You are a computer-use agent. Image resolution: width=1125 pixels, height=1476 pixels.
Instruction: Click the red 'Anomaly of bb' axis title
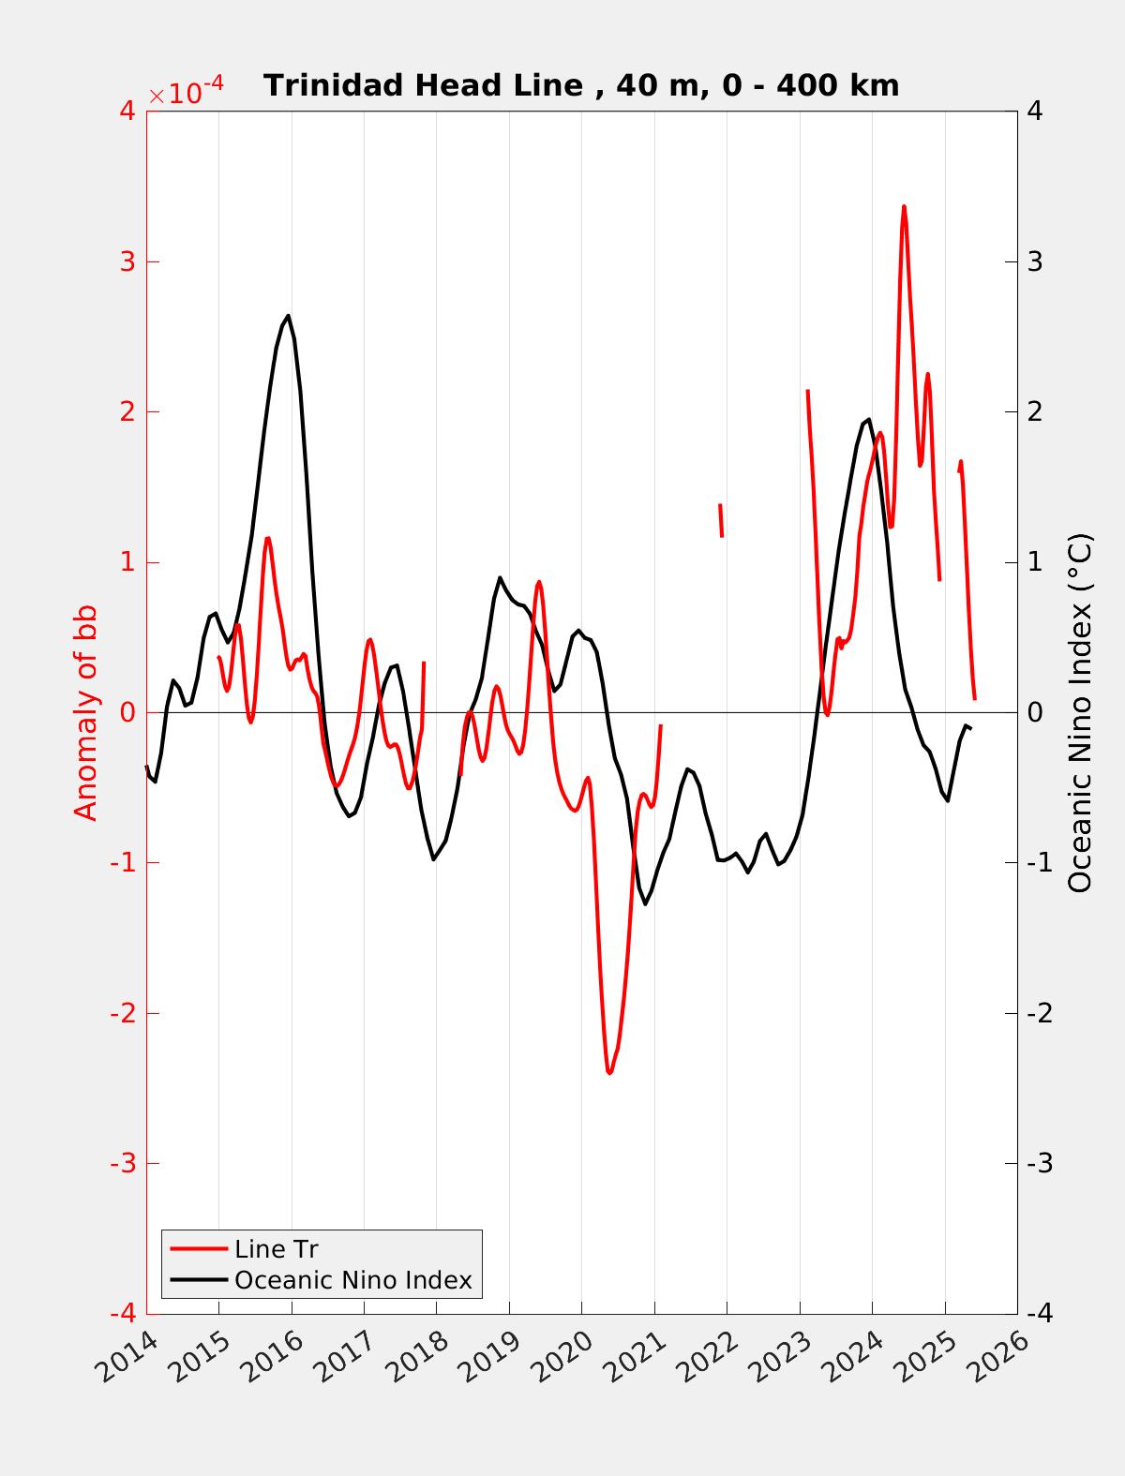(x=85, y=712)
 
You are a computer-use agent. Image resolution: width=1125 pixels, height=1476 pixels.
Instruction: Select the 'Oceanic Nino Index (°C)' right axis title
(x=1080, y=712)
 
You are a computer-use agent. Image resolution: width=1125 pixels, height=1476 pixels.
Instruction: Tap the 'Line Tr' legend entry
(x=276, y=1249)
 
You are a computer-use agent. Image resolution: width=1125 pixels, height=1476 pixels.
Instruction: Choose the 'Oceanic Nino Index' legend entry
(x=352, y=1280)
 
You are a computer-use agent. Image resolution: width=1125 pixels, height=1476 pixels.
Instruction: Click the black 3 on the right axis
(x=1035, y=261)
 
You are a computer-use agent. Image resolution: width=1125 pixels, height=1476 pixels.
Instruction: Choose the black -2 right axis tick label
(x=1039, y=1013)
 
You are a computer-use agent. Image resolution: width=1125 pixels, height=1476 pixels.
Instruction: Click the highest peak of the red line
(x=904, y=206)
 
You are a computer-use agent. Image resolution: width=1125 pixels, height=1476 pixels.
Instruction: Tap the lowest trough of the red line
(x=609, y=1072)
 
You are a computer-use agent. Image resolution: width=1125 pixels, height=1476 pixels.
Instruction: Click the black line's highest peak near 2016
(x=288, y=316)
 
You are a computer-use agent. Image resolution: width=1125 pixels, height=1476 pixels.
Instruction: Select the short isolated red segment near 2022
(x=721, y=520)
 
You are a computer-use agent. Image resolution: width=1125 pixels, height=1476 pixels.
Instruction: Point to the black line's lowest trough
(x=645, y=903)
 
